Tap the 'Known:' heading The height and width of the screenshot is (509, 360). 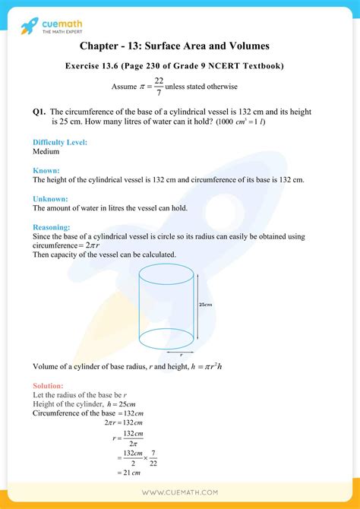[x=46, y=171]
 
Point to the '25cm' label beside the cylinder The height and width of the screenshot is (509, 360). [x=205, y=305]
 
